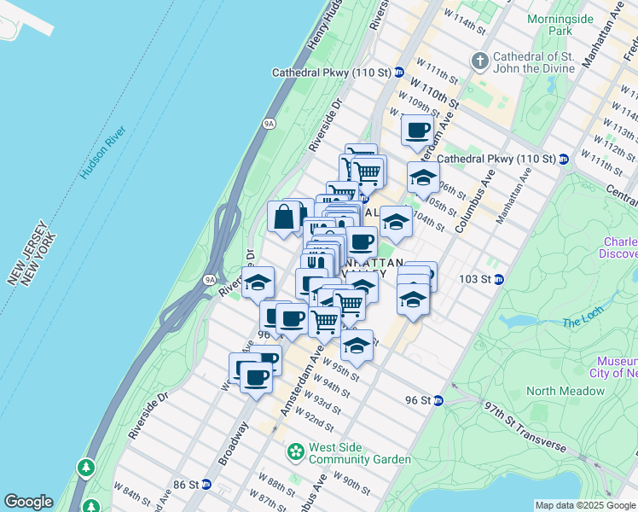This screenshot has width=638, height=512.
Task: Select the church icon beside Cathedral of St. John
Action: click(x=479, y=61)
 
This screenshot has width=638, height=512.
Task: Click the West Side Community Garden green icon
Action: click(x=296, y=451)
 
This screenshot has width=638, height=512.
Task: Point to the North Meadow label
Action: click(x=565, y=392)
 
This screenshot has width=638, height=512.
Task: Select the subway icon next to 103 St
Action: click(x=499, y=279)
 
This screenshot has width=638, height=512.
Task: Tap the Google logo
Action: click(x=28, y=502)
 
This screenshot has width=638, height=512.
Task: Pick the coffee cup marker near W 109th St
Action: click(x=417, y=131)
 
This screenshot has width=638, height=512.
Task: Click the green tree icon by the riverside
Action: click(x=86, y=468)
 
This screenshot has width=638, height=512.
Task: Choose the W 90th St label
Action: click(x=351, y=480)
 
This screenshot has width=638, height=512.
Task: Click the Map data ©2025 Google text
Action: click(x=585, y=505)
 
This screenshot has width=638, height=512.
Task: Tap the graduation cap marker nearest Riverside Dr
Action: click(x=258, y=282)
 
